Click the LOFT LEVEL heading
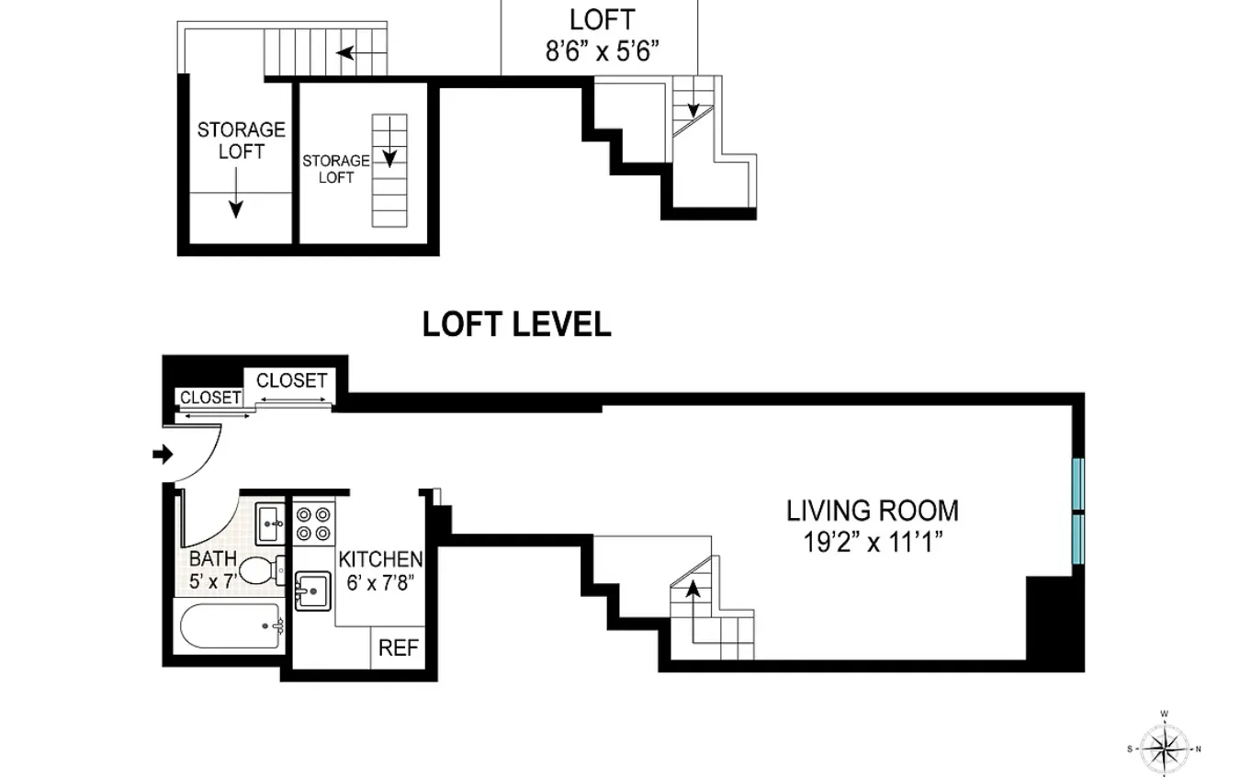pos(516,324)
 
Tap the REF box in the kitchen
pos(399,648)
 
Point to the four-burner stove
pos(313,524)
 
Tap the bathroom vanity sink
pos(271,524)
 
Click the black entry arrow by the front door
pos(163,454)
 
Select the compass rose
pos(1164,745)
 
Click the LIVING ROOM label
pos(872,511)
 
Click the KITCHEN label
pos(380,559)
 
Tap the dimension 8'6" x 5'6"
pos(603,51)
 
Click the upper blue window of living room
pos(1078,483)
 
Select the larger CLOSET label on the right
pos(291,380)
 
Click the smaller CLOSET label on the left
pos(210,398)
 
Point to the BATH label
pos(213,558)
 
